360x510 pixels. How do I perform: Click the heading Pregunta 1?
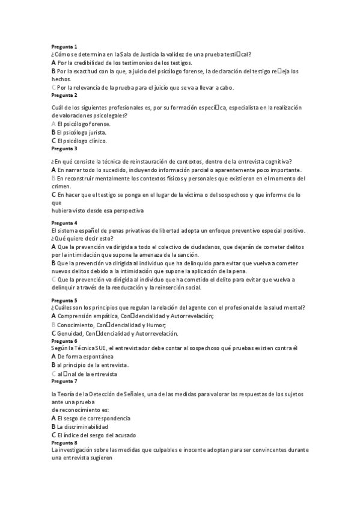tap(64, 46)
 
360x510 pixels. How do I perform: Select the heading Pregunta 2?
tap(64, 95)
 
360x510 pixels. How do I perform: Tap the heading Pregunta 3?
tap(64, 148)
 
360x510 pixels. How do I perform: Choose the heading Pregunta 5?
tap(64, 300)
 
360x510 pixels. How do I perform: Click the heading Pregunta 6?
tap(64, 341)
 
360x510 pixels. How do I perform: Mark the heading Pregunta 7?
tap(64, 381)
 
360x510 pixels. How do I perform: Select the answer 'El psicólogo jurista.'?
tap(82, 132)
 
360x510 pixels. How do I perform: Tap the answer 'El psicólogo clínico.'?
tap(82, 141)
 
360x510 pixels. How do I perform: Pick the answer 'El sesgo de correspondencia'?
tap(93, 418)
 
